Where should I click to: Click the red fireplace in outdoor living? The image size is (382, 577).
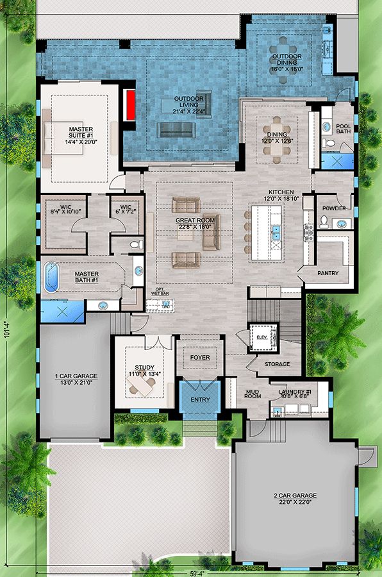click(130, 105)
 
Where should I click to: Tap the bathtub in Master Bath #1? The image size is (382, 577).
click(51, 277)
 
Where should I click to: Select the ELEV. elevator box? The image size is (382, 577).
click(263, 337)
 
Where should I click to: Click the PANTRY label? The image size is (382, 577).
click(328, 273)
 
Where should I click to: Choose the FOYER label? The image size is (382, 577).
click(200, 357)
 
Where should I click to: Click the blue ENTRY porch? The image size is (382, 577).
click(200, 399)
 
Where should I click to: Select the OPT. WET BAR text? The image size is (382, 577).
click(160, 292)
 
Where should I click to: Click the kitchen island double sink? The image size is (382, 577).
click(276, 233)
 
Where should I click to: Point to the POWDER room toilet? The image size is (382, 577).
click(324, 222)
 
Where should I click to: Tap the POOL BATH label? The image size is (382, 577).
click(344, 128)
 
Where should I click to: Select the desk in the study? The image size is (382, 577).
click(142, 387)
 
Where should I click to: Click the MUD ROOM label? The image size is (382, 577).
click(253, 394)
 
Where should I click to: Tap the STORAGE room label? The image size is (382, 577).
click(277, 364)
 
